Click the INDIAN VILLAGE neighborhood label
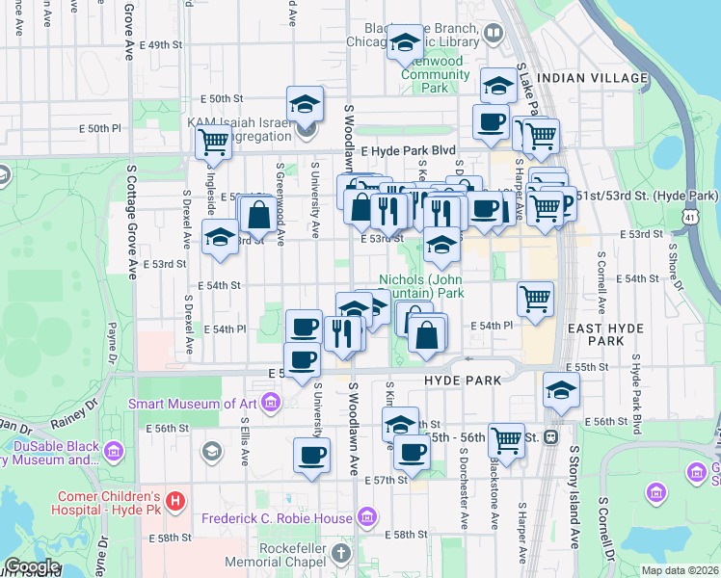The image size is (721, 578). tap(592, 77)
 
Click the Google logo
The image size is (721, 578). tap(32, 566)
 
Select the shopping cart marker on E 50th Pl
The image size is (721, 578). tap(212, 143)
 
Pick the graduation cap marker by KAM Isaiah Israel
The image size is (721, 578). tap(305, 103)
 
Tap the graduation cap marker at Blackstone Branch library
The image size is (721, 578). tap(407, 41)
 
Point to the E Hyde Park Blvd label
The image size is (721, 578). tap(408, 152)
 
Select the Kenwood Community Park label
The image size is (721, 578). tap(434, 74)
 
